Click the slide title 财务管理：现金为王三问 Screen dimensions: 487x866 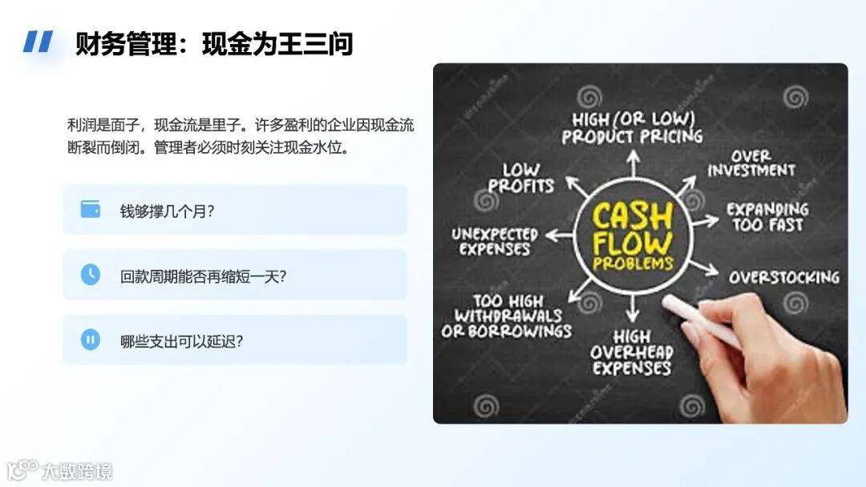(214, 43)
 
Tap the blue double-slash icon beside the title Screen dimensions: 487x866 (38, 42)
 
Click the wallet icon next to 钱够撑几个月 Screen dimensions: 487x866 (91, 210)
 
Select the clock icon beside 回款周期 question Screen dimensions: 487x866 (91, 275)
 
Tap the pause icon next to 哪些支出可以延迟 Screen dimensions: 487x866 (91, 340)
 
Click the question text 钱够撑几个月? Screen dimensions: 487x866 (168, 211)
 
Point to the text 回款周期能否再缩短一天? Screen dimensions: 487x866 (204, 276)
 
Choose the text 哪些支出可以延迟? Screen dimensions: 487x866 (182, 341)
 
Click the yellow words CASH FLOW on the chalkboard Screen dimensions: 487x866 (633, 228)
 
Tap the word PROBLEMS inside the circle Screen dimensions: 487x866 (633, 264)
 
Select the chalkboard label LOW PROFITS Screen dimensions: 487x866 (521, 178)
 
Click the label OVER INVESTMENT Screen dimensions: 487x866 (751, 163)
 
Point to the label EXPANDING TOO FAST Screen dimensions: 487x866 (767, 216)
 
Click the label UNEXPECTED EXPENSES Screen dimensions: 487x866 (494, 241)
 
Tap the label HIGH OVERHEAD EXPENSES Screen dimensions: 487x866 (632, 352)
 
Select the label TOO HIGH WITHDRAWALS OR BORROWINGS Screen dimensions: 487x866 (507, 316)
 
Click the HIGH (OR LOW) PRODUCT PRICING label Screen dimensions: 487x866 (633, 127)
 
